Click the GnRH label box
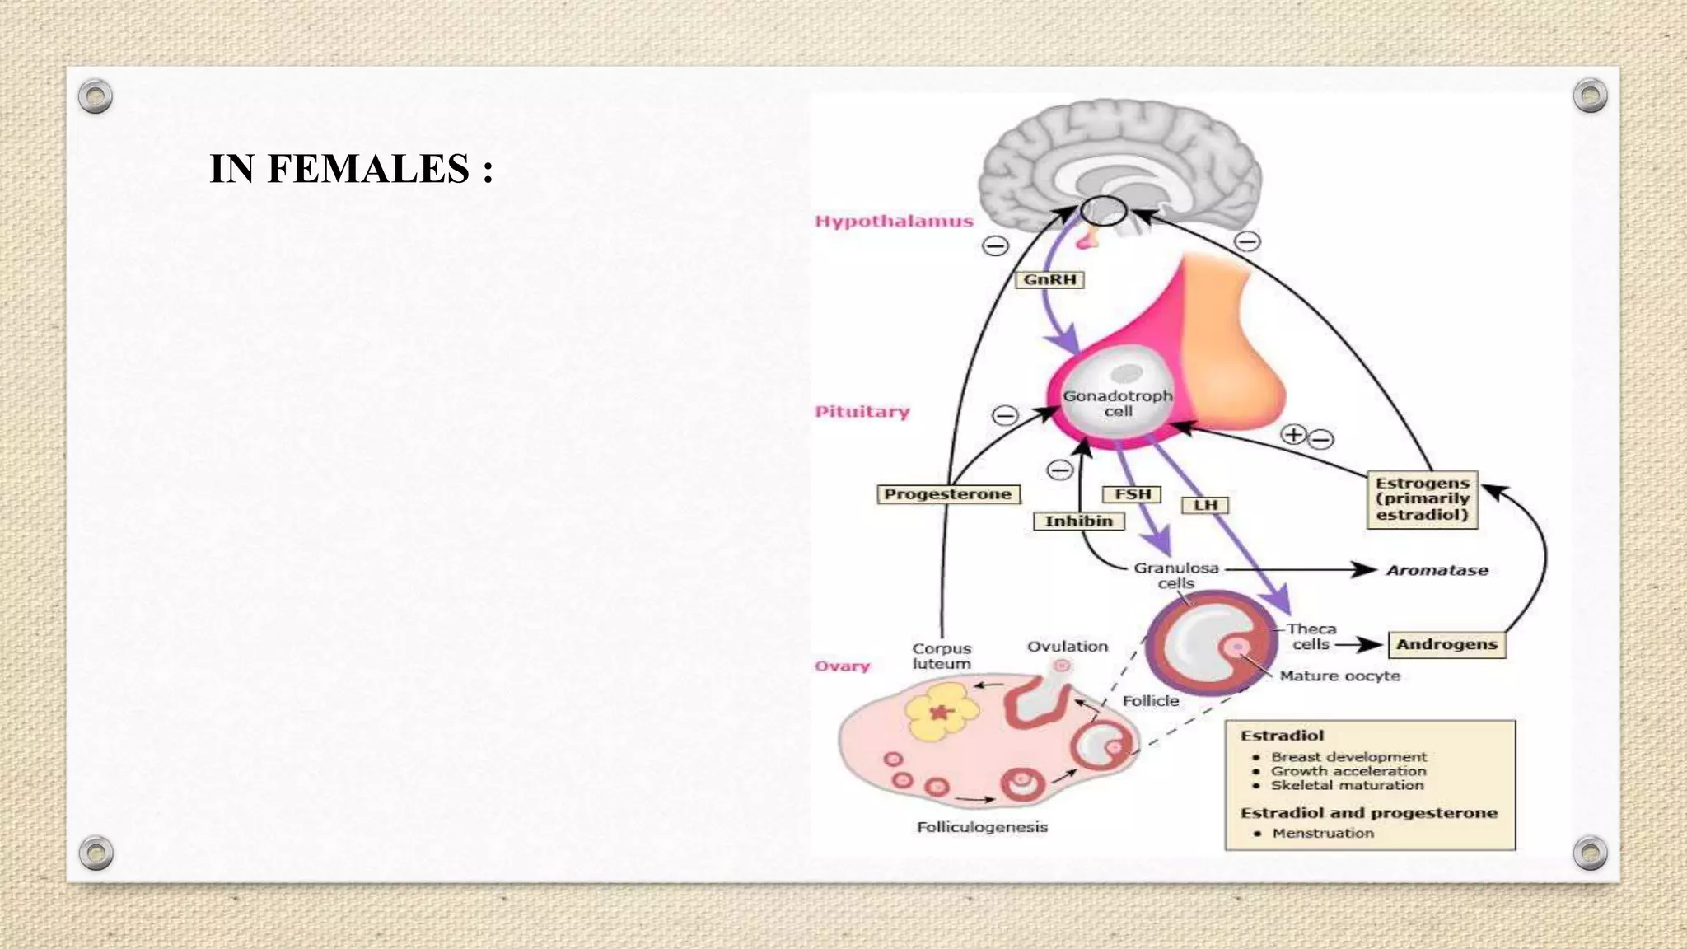1049,280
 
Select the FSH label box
1132,494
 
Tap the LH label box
1205,505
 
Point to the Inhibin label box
1079,521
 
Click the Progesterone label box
947,494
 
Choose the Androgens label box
1447,644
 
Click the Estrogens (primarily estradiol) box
1423,499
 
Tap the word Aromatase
1437,570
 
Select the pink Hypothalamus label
894,222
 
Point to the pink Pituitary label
862,412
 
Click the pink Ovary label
842,666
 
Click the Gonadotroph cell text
1118,403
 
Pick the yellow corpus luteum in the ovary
942,713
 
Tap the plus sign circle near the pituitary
1294,434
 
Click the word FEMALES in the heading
368,169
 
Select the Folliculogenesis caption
982,827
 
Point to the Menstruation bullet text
1323,833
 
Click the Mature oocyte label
1340,676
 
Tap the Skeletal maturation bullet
1347,785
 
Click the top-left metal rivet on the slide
96,97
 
